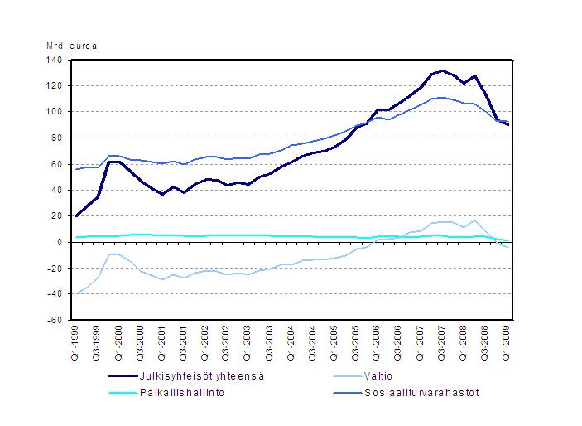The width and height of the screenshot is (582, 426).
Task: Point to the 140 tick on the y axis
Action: coord(55,60)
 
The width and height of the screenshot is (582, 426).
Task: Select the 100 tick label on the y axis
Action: coord(55,112)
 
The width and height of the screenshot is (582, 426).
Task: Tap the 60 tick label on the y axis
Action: coord(57,164)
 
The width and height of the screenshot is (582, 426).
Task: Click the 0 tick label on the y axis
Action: coord(60,242)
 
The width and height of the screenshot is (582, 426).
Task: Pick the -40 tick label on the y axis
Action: coord(55,294)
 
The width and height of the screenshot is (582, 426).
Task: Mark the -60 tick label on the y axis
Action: coord(55,320)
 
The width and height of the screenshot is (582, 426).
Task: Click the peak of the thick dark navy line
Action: coord(443,71)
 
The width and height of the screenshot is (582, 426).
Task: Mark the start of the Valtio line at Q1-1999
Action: coord(77,293)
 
